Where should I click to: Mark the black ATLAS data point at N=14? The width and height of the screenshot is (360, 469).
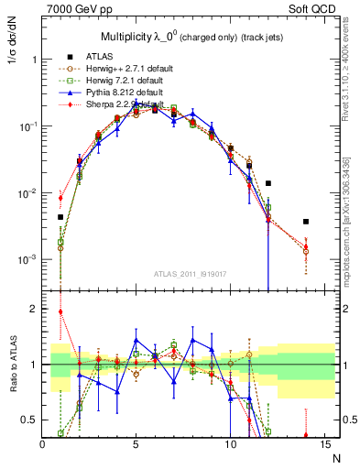[x=306, y=222]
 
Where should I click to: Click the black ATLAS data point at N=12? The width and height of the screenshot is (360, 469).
[x=268, y=183]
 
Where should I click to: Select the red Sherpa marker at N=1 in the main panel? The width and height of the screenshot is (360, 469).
[x=61, y=198]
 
